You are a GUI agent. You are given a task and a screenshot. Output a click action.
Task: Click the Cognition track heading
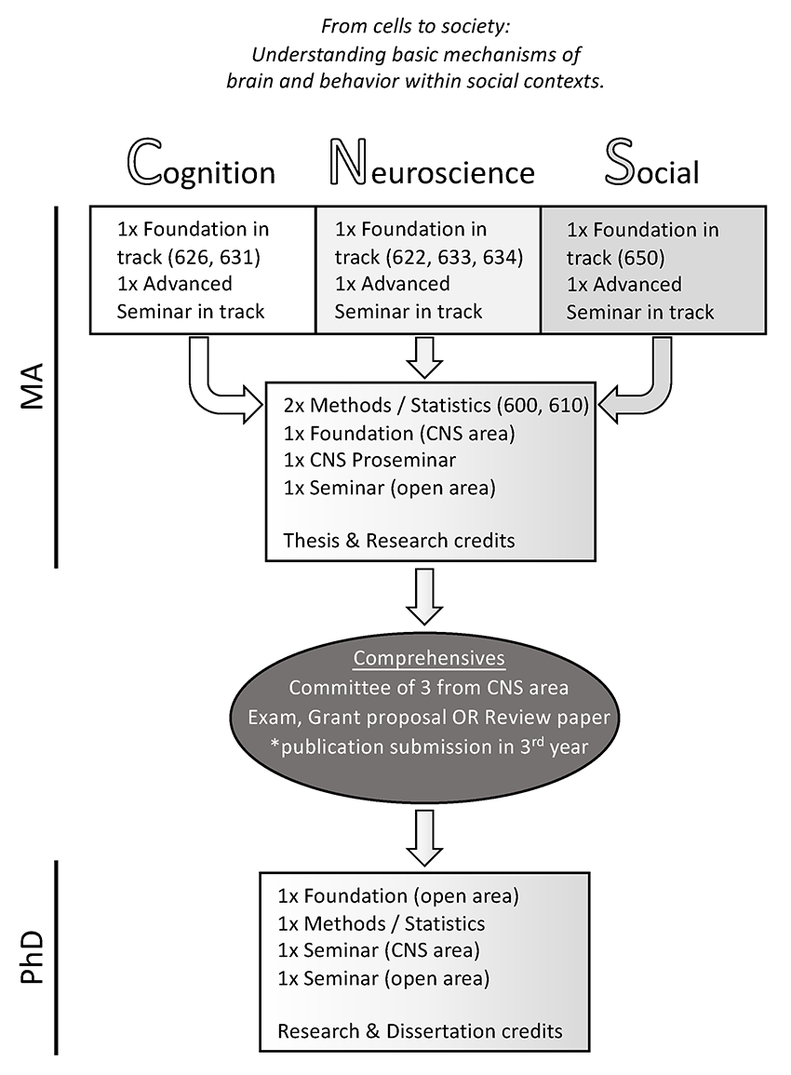pyautogui.click(x=202, y=165)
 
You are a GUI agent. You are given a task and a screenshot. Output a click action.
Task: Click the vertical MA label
pyautogui.click(x=33, y=386)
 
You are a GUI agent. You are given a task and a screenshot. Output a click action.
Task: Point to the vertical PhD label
pyautogui.click(x=33, y=957)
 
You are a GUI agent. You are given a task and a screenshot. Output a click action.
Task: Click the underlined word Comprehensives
pyautogui.click(x=429, y=658)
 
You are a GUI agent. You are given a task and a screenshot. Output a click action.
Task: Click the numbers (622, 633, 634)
pyautogui.click(x=454, y=257)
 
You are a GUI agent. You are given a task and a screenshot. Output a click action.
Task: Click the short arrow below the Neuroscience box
pyautogui.click(x=425, y=356)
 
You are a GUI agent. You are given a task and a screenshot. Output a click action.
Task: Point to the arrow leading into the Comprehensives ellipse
pyautogui.click(x=425, y=596)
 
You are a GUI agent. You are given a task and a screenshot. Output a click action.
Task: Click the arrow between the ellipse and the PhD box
pyautogui.click(x=425, y=838)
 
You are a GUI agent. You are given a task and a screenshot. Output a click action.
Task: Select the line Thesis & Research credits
pyautogui.click(x=399, y=541)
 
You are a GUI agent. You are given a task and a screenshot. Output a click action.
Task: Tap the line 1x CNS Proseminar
pyautogui.click(x=369, y=460)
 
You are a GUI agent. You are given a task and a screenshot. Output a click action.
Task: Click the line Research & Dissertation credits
pyautogui.click(x=421, y=1031)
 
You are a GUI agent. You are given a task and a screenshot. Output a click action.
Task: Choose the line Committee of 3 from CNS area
pyautogui.click(x=429, y=688)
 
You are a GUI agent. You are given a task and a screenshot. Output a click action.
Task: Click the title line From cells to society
pyautogui.click(x=416, y=27)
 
